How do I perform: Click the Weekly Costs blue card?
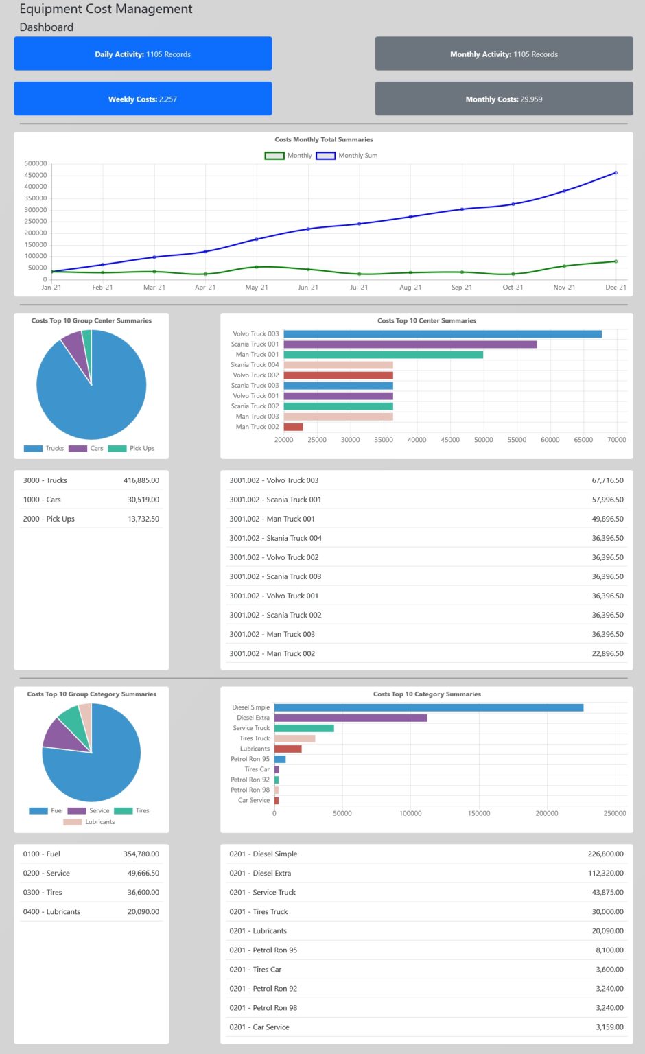coord(143,99)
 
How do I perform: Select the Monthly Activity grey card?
coord(504,54)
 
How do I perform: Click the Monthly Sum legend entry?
coord(347,156)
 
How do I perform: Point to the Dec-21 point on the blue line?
coord(615,173)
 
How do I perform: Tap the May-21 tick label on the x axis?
coord(257,288)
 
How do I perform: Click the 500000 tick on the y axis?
coord(36,163)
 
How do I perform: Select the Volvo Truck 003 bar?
coord(443,334)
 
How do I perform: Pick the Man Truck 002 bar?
coord(293,427)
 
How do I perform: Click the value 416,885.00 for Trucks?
coord(141,480)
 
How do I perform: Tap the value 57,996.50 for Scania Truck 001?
coord(607,500)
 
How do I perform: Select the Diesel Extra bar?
coord(351,718)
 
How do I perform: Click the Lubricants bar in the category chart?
coord(288,749)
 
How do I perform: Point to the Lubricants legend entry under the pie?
coord(89,822)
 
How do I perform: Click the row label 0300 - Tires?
coord(43,892)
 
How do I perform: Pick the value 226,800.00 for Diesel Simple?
coord(605,854)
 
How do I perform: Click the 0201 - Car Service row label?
coord(259,1027)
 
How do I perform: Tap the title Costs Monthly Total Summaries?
coord(324,139)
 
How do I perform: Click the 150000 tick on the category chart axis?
coord(479,813)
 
